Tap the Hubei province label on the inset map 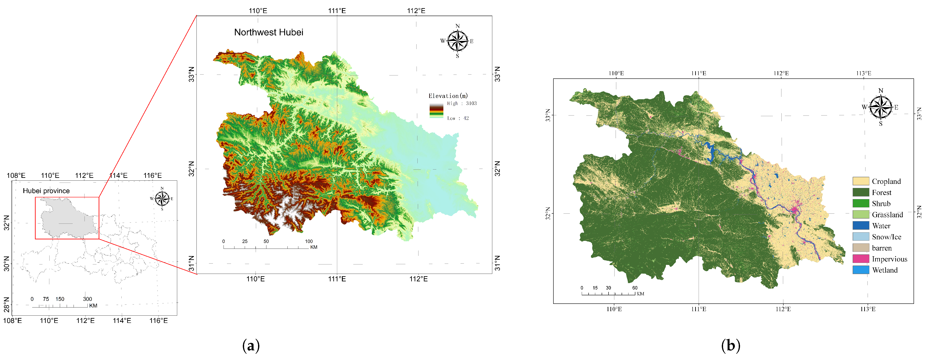pyautogui.click(x=46, y=191)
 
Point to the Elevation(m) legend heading pyautogui.click(x=448, y=96)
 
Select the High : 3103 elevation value pyautogui.click(x=462, y=103)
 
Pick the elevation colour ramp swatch pyautogui.click(x=436, y=111)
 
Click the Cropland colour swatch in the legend pyautogui.click(x=861, y=181)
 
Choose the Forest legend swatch pyautogui.click(x=861, y=192)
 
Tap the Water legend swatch pyautogui.click(x=861, y=226)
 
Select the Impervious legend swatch pyautogui.click(x=861, y=259)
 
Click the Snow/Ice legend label pyautogui.click(x=887, y=237)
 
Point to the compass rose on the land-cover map pyautogui.click(x=880, y=107)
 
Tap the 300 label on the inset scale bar pyautogui.click(x=87, y=299)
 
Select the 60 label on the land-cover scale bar pyautogui.click(x=635, y=288)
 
